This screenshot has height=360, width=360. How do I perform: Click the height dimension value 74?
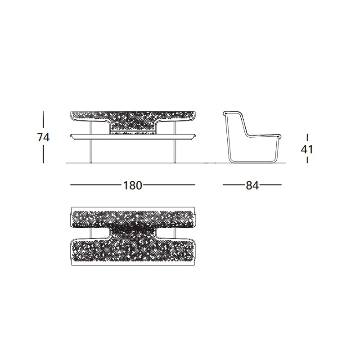[43, 138]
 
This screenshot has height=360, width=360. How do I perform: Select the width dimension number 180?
[133, 185]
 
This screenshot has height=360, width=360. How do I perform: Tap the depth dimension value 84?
[252, 185]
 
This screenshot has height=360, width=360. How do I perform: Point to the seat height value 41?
[307, 150]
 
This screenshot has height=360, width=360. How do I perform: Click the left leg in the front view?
[91, 142]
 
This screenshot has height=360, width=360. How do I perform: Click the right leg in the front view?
[175, 142]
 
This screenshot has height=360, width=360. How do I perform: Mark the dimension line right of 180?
[170, 184]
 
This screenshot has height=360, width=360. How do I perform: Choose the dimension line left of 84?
[234, 184]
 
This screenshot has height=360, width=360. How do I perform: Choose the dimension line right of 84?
[271, 184]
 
